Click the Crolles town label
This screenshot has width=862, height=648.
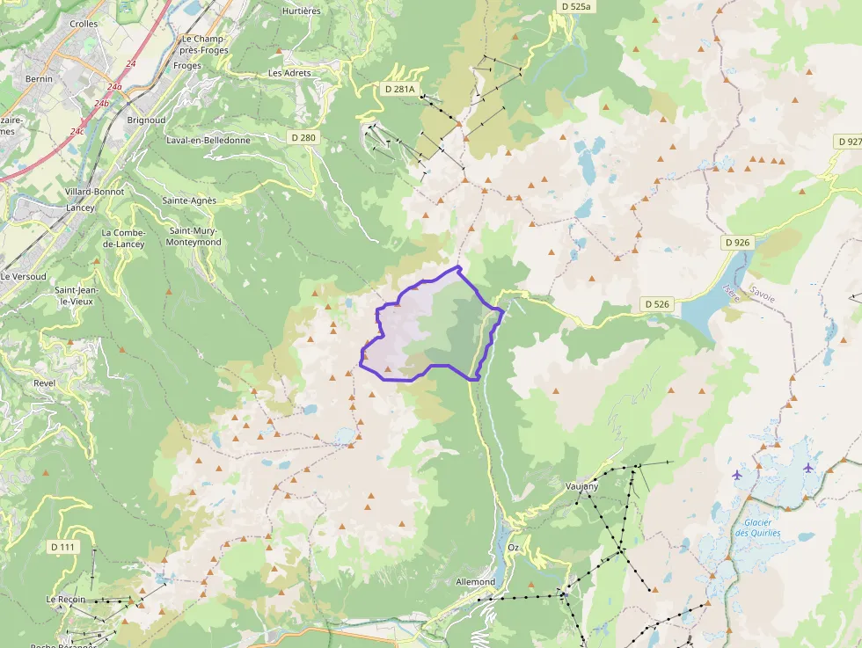click(84, 24)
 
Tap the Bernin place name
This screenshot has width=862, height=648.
click(39, 79)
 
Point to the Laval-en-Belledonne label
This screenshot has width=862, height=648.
click(208, 140)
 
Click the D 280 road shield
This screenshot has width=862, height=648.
click(303, 138)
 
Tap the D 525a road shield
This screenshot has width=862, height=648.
click(577, 6)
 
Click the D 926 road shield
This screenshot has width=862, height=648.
click(737, 242)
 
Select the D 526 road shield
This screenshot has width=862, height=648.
click(657, 304)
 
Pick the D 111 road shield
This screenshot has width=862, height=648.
click(62, 547)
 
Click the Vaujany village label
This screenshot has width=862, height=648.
click(581, 485)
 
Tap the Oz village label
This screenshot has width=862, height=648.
click(514, 548)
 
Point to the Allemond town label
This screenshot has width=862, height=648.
click(475, 582)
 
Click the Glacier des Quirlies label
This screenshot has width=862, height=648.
click(752, 528)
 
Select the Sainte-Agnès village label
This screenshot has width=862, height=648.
click(189, 200)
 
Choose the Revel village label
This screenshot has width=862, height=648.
click(43, 383)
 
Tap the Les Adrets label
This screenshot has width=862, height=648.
click(289, 73)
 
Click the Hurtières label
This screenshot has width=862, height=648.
click(301, 11)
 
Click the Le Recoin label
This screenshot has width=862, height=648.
click(66, 600)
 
